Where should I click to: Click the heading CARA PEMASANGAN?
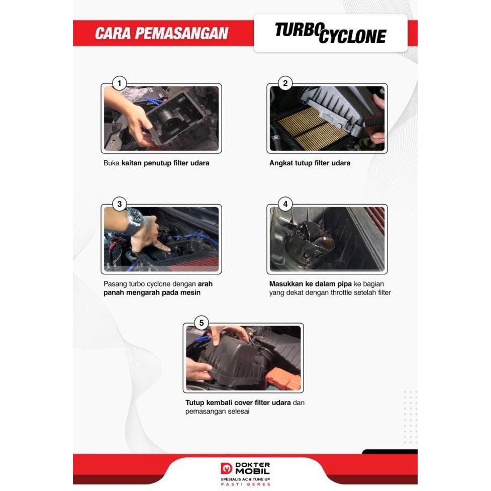tap(161, 34)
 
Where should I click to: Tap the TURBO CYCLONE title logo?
tap(330, 33)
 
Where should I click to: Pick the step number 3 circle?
tap(119, 204)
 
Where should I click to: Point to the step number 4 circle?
tap(285, 204)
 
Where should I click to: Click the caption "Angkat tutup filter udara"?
tap(310, 163)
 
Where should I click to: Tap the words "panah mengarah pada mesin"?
tap(152, 292)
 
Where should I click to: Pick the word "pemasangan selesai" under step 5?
tap(218, 412)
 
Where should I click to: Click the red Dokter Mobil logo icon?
tap(226, 468)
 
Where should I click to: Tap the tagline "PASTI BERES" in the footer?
tap(246, 484)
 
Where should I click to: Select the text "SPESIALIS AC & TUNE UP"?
tap(246, 479)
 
